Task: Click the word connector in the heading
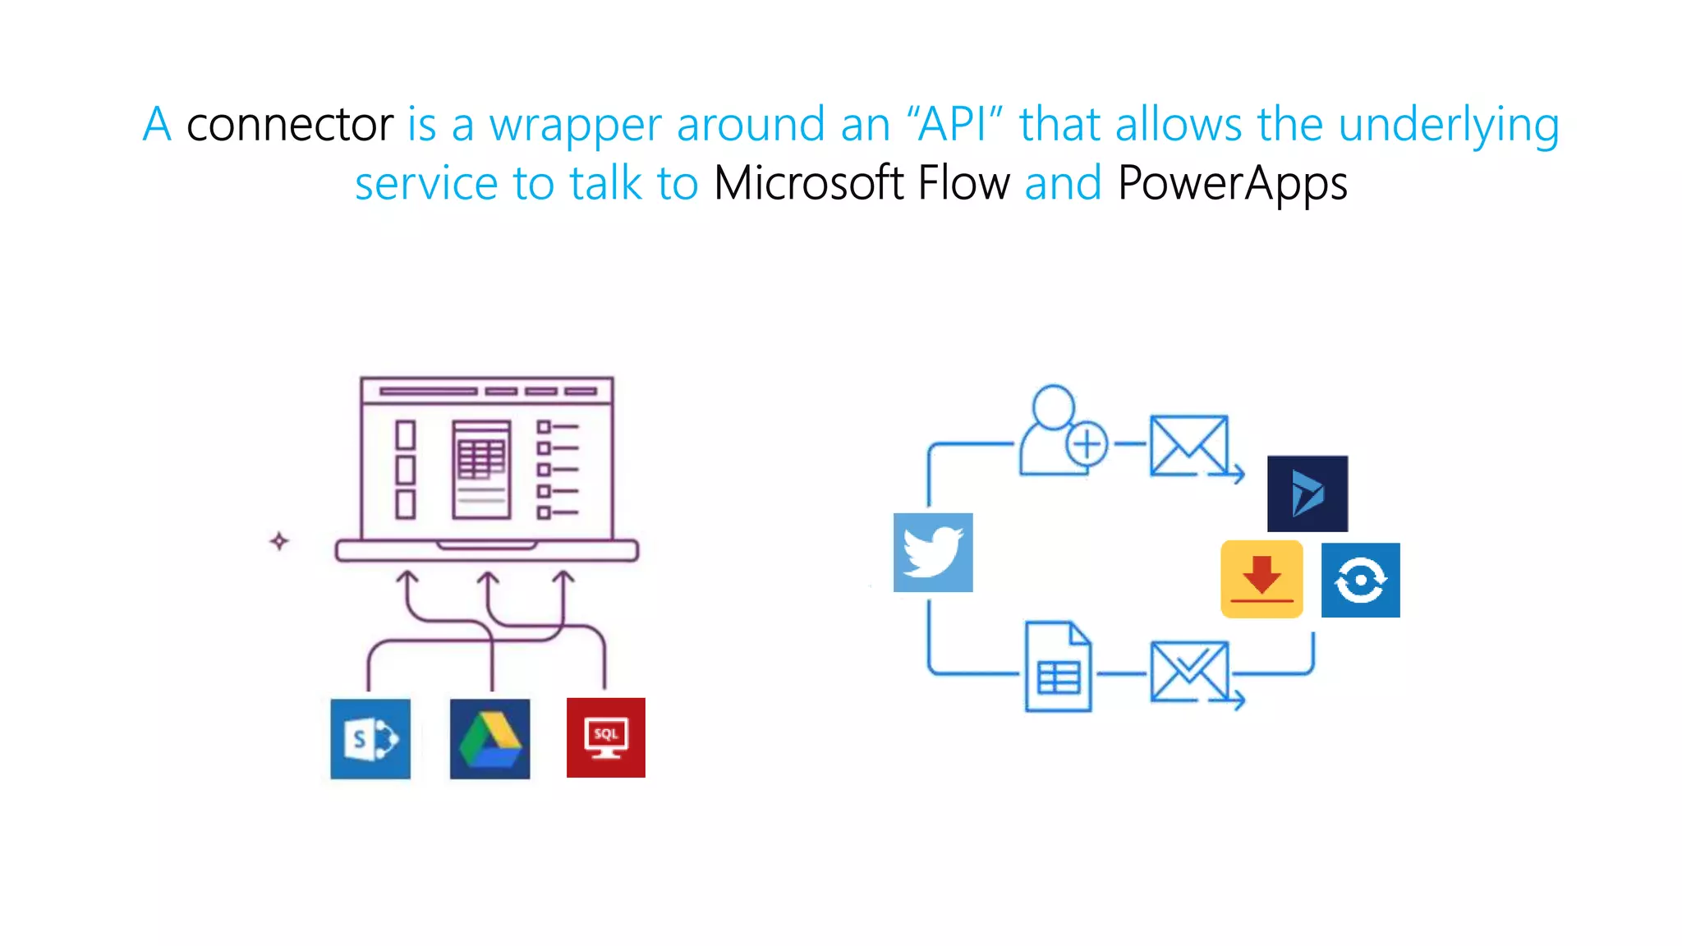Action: pos(290,126)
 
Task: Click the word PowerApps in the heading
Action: pos(1232,184)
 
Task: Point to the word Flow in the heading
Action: pos(963,182)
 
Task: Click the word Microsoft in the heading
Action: pos(809,182)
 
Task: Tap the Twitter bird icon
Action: pos(933,553)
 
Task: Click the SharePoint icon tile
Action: pos(370,738)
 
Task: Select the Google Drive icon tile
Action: pos(489,738)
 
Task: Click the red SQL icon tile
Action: pos(606,737)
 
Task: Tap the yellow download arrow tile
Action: pos(1261,579)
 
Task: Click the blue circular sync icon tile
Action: pos(1360,580)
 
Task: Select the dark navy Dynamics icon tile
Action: pos(1307,494)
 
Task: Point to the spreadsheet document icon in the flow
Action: pos(1059,666)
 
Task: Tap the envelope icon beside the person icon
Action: pos(1190,446)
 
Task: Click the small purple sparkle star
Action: pos(279,541)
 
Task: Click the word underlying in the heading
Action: pos(1449,126)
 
